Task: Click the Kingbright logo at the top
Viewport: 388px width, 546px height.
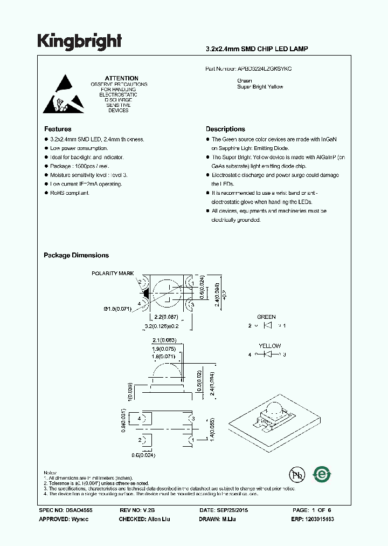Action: pyautogui.click(x=79, y=41)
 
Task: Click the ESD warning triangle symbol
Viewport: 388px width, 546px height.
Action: pyautogui.click(x=64, y=93)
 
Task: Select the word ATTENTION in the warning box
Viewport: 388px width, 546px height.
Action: pyautogui.click(x=121, y=78)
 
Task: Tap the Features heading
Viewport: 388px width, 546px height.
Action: pyautogui.click(x=58, y=129)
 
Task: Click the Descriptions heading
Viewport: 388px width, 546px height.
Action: pyautogui.click(x=225, y=129)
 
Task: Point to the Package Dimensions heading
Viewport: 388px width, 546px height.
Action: pyautogui.click(x=76, y=255)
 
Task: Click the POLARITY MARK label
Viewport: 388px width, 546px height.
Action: pyautogui.click(x=113, y=274)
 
